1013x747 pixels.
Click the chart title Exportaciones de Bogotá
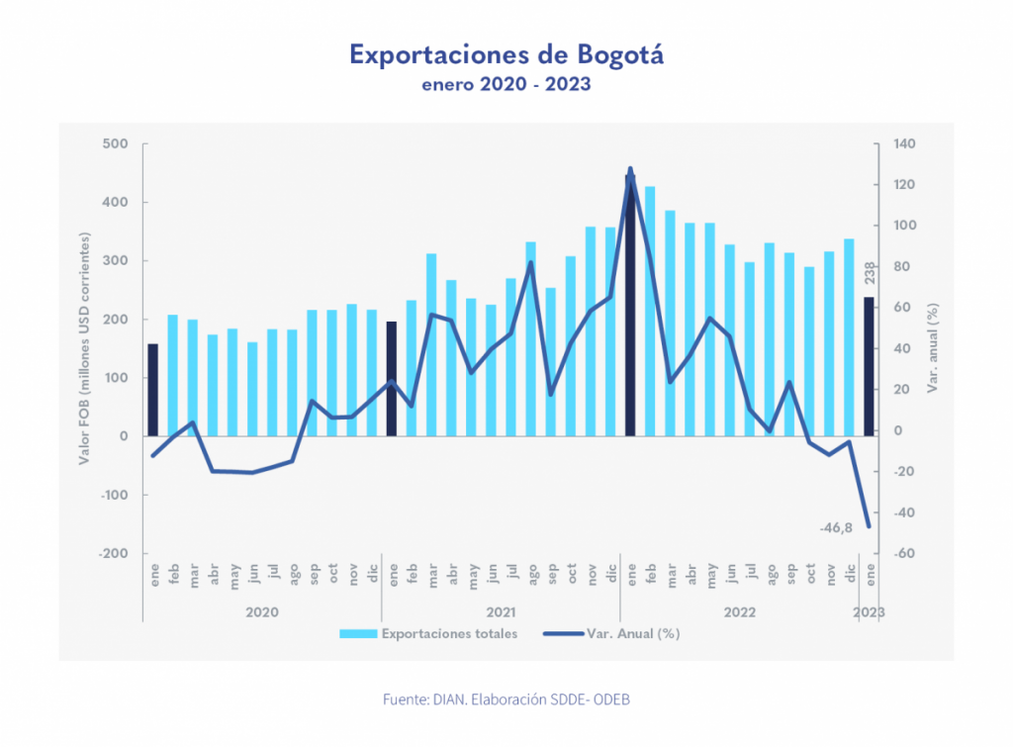[x=506, y=53]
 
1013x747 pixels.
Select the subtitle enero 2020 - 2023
[x=506, y=84]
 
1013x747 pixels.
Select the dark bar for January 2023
[x=869, y=366]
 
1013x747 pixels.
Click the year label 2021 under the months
[x=502, y=612]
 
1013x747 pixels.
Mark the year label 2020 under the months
[x=262, y=612]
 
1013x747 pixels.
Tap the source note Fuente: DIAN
[x=506, y=700]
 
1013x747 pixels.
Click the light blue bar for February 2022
[x=650, y=311]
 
